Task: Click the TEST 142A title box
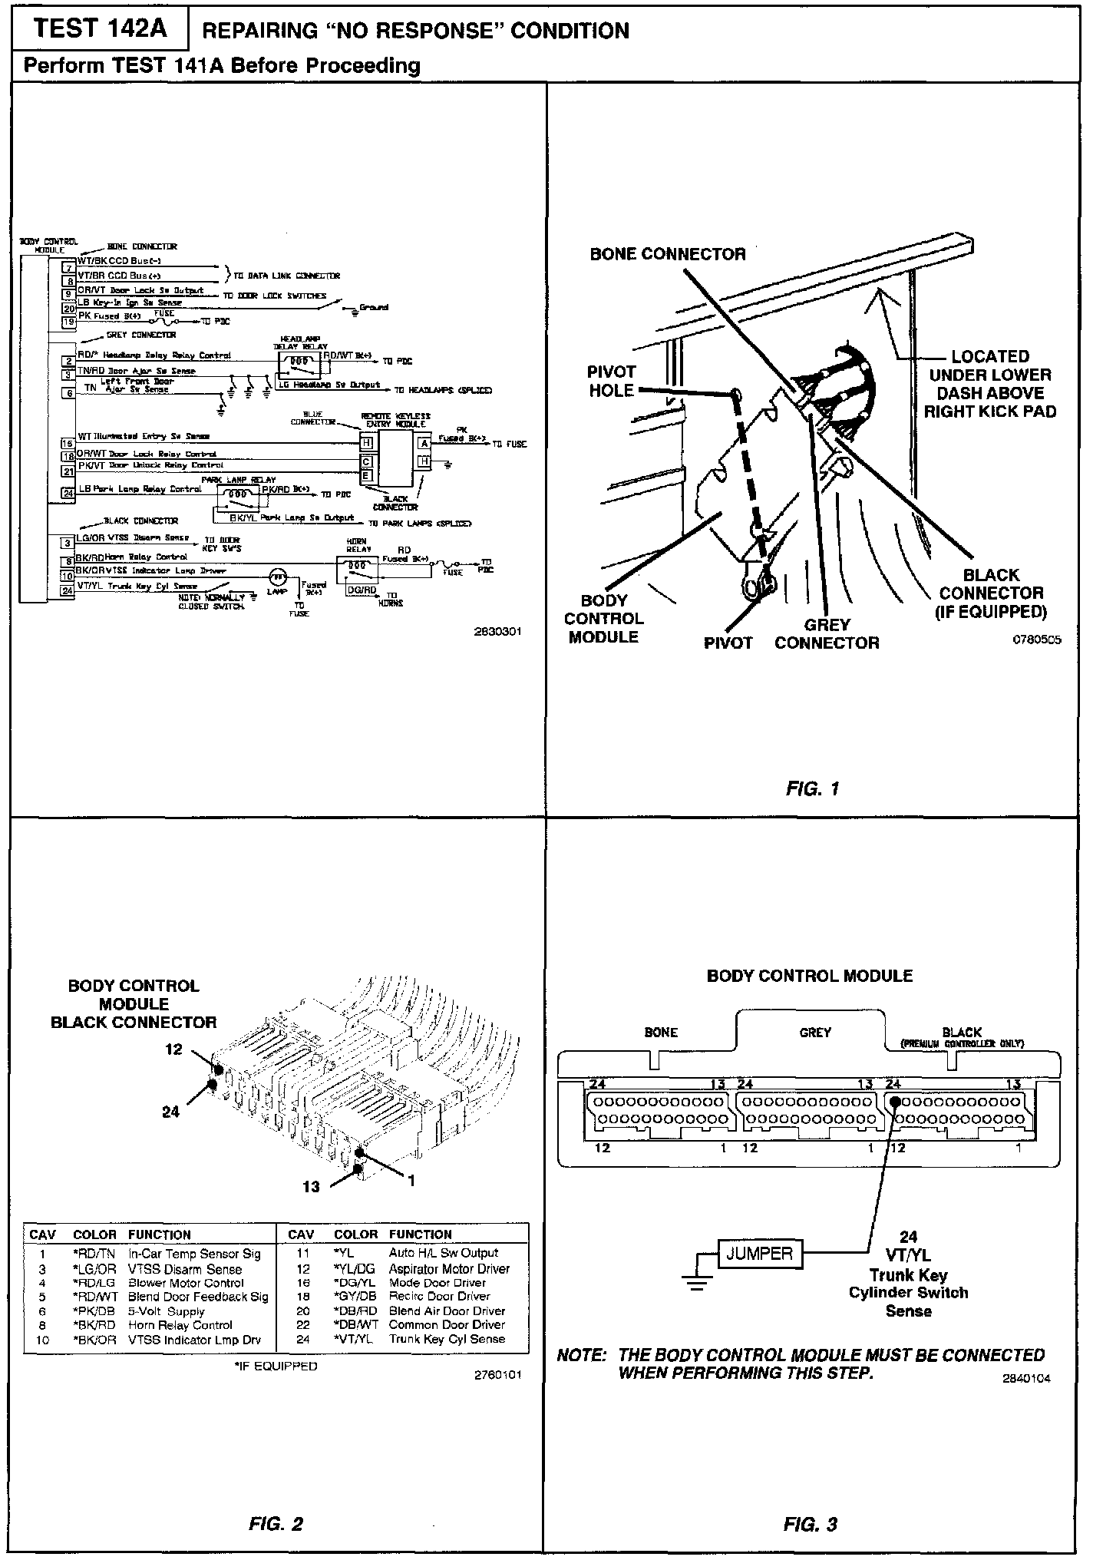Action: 100,28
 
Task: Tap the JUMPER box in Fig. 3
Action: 759,1254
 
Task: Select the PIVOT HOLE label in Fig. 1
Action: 612,382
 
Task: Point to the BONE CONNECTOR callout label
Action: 668,254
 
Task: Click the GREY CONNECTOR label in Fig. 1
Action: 827,634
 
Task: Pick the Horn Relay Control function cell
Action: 180,1325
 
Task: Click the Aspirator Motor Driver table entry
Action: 449,1269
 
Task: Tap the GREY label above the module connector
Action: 815,1033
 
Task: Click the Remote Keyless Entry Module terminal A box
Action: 424,443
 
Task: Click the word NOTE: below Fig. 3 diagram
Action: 582,1356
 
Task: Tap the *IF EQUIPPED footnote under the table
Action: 276,1366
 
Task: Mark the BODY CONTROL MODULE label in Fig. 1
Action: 604,619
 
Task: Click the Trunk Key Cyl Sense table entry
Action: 447,1339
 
